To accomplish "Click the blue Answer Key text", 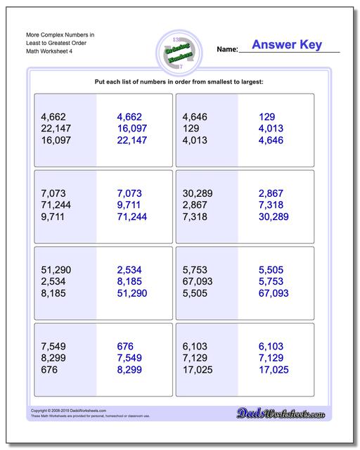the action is coord(286,45).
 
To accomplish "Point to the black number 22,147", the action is coord(59,129).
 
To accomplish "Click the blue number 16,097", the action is coord(132,129).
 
